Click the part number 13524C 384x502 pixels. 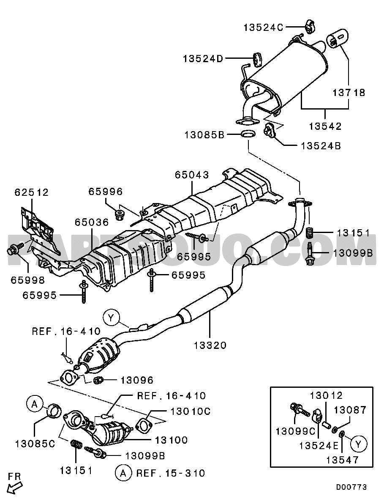tap(263, 27)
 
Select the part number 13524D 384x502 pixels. tap(203, 59)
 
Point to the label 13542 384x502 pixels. tap(325, 126)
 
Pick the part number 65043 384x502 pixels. tap(192, 175)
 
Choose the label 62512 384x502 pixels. tap(32, 192)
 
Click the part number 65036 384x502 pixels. tap(92, 222)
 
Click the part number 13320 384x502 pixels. tap(210, 346)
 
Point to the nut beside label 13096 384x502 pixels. tap(98, 380)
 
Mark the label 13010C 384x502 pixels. tap(191, 411)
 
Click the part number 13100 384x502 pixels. tap(172, 440)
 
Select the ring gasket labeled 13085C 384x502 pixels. tap(54, 411)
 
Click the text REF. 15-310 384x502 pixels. tap(171, 473)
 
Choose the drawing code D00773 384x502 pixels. tap(351, 488)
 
